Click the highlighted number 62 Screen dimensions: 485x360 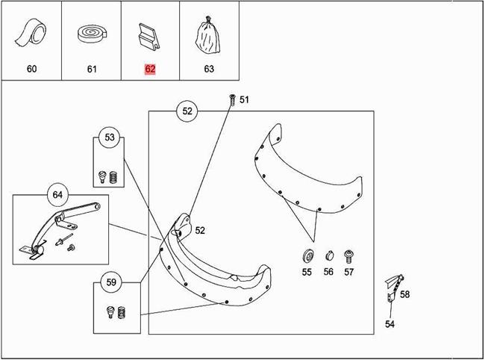150,69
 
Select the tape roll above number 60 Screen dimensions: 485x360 31,33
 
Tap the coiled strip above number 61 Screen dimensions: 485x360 92,34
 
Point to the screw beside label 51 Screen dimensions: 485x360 232,99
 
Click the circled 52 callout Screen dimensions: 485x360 187,111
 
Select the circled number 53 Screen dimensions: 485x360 110,137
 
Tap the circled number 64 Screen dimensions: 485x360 57,195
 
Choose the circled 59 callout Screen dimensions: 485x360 111,282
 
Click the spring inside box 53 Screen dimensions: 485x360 113,177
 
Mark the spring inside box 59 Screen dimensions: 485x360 122,312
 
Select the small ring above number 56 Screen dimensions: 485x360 329,255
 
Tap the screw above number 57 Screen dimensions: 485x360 348,257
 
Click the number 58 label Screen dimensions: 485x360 405,294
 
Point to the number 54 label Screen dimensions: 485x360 389,324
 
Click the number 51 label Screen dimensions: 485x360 244,99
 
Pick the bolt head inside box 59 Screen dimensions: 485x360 110,311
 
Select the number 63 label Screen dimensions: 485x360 209,69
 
